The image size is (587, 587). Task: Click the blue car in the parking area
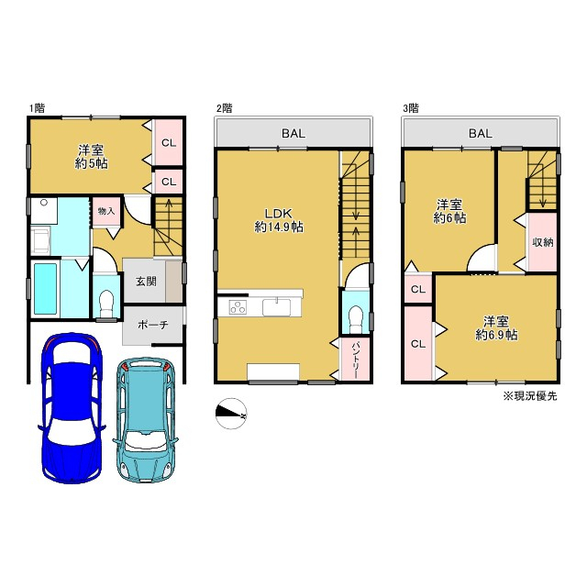pos(72,407)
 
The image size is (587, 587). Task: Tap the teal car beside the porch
pos(146,419)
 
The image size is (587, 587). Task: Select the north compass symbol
pos(231,413)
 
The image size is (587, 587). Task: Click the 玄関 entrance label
pos(146,282)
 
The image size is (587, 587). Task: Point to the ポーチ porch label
pos(153,325)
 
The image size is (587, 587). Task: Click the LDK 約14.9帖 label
pos(279,220)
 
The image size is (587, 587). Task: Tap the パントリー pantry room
pos(355,360)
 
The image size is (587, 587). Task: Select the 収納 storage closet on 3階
pos(542,242)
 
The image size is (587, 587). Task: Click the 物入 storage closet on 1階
pos(106,212)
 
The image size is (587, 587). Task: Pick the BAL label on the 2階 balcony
pos(293,133)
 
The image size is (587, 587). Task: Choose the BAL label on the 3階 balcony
pos(481,133)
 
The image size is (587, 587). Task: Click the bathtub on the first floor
pos(46,288)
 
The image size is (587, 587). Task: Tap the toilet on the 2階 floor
pos(355,319)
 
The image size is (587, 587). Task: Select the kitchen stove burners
pos(238,307)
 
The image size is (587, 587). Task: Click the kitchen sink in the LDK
pos(276,307)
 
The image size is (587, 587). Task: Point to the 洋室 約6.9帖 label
pos(496,328)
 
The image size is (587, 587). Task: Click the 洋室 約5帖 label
pos(91,157)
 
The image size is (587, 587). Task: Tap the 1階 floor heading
pos(37,108)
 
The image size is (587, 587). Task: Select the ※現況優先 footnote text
pos(530,396)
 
